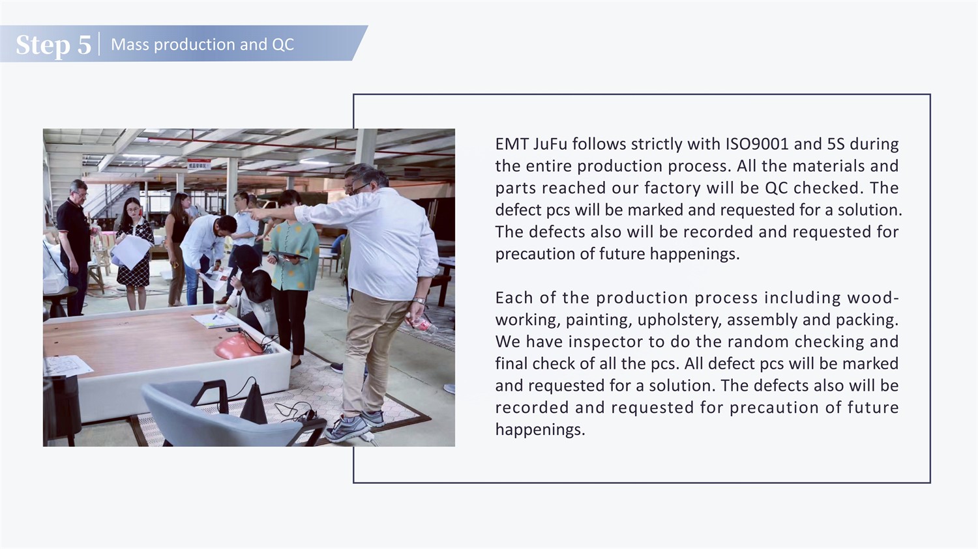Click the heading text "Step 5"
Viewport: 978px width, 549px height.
[53, 44]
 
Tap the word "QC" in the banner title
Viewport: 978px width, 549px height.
[283, 44]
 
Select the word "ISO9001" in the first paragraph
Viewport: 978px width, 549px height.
[757, 144]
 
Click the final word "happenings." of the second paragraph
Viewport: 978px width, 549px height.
[540, 430]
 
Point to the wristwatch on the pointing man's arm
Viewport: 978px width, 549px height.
[419, 300]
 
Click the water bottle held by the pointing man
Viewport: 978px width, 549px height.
[421, 324]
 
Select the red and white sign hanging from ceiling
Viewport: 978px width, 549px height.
[199, 164]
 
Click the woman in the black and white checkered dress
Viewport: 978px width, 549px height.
[135, 253]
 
